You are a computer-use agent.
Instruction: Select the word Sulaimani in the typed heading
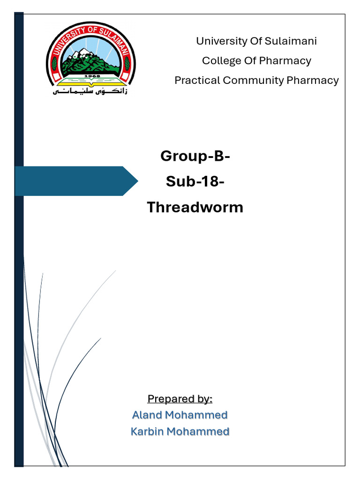click(x=291, y=41)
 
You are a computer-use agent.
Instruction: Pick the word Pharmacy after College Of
click(x=285, y=61)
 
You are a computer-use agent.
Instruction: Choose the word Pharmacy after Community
click(x=313, y=81)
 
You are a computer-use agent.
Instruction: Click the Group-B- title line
click(x=195, y=156)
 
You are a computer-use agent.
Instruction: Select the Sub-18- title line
click(x=195, y=181)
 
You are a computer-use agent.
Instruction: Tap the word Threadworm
click(x=195, y=207)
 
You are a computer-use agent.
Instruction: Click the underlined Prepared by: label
click(x=180, y=399)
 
